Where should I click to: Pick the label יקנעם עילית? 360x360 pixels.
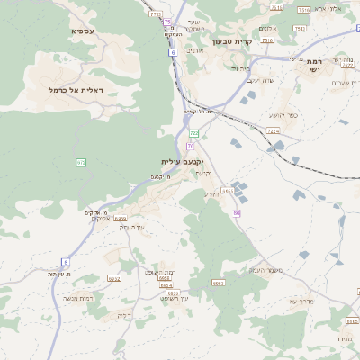[178, 161]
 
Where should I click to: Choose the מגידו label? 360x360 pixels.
[345, 337]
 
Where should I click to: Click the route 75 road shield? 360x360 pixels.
[167, 22]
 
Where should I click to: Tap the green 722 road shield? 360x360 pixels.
[193, 133]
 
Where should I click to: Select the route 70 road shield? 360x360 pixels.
[191, 146]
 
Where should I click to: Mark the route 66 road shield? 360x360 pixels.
[238, 213]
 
